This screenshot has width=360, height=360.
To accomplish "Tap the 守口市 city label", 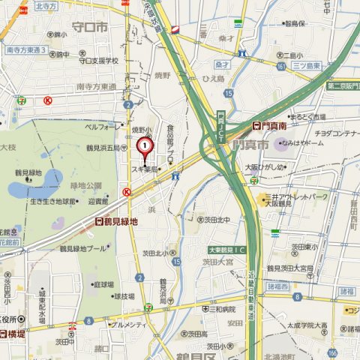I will (x=89, y=27).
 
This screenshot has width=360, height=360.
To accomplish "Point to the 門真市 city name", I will (x=250, y=143).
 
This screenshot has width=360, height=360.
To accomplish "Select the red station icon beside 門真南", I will (x=256, y=127).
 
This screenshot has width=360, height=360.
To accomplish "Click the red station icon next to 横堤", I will (x=4, y=334).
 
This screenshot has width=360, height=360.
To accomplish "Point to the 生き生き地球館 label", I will (x=54, y=201).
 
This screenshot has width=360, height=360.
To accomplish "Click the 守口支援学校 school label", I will (x=100, y=61).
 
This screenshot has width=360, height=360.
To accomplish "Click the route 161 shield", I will (x=279, y=67).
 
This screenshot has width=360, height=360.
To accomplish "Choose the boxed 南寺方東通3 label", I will (x=26, y=50).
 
